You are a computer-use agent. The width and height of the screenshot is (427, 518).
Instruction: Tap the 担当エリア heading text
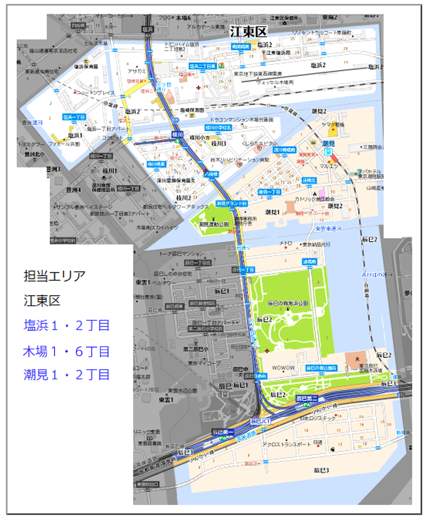(54, 276)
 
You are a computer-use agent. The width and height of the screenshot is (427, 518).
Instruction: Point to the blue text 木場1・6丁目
(67, 351)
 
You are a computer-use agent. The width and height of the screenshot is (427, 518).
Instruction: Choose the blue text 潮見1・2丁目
(67, 375)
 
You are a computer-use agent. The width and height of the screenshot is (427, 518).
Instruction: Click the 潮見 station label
(327, 144)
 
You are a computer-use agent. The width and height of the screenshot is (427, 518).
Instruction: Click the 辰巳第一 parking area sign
(222, 432)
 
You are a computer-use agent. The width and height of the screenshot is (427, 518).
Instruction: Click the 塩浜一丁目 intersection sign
(74, 117)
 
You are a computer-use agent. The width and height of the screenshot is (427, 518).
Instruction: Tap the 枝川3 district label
(218, 144)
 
